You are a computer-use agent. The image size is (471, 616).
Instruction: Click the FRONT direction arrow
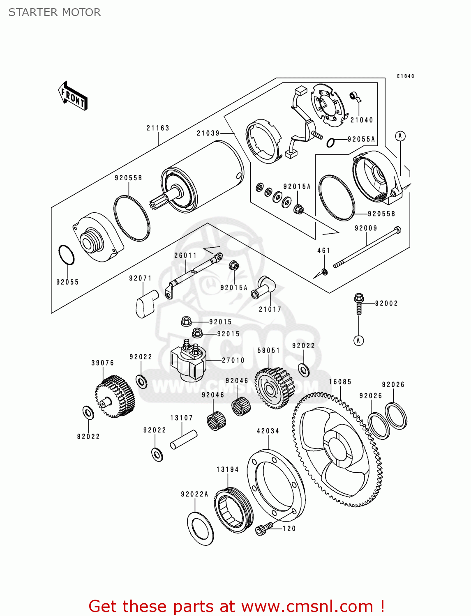click(x=73, y=96)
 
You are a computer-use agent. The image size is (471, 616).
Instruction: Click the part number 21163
click(x=158, y=128)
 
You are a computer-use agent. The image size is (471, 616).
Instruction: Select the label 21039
click(x=208, y=133)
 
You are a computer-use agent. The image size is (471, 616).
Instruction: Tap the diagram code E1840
click(x=405, y=76)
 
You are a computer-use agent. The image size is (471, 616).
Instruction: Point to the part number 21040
click(x=361, y=120)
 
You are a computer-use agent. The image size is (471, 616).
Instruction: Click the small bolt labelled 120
click(x=264, y=529)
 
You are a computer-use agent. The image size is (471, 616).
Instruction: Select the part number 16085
click(x=340, y=382)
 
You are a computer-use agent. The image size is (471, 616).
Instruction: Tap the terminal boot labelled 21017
click(x=263, y=287)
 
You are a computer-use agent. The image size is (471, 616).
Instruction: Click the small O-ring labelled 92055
click(x=67, y=255)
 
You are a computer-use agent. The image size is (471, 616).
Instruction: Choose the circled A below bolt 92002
click(x=358, y=341)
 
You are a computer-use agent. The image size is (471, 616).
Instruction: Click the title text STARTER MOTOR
click(x=55, y=12)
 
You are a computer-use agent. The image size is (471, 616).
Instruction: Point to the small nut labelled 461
click(x=325, y=271)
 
